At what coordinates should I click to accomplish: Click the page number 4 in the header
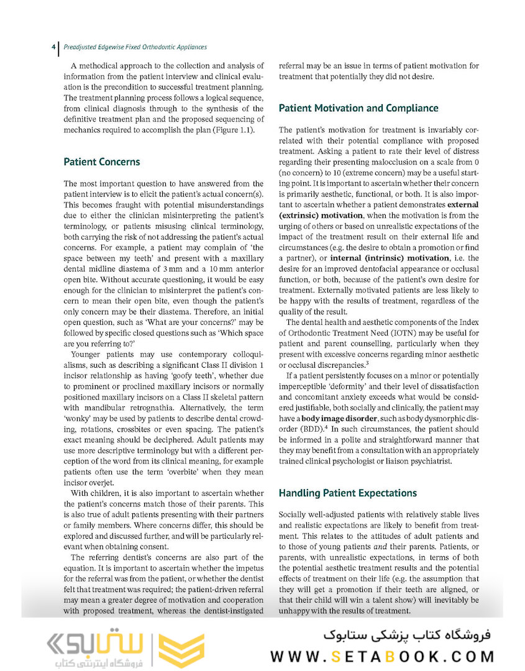tap(53, 47)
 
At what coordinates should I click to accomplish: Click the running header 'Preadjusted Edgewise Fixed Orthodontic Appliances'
tap(135, 47)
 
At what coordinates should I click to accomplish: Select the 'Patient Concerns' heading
tap(102, 162)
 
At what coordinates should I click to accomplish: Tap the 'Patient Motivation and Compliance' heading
tap(358, 108)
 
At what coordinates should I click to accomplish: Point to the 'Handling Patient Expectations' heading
tap(347, 493)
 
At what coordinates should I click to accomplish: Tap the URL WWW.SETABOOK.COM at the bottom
tap(382, 657)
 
